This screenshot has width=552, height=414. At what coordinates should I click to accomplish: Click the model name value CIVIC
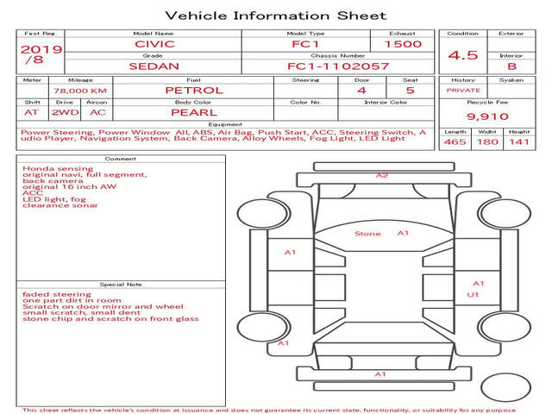pyautogui.click(x=154, y=44)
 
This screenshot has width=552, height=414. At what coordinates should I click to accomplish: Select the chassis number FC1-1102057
pyautogui.click(x=338, y=66)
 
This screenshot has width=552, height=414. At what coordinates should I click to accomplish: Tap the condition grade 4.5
pyautogui.click(x=463, y=55)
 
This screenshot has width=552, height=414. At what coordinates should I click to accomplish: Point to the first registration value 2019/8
pyautogui.click(x=41, y=54)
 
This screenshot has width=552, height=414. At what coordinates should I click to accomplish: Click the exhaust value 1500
pyautogui.click(x=403, y=44)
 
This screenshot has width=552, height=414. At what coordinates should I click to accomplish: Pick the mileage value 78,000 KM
pyautogui.click(x=80, y=91)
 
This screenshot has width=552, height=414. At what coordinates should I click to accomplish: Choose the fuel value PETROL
pyautogui.click(x=194, y=91)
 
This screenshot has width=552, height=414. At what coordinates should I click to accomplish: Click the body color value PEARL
pyautogui.click(x=194, y=113)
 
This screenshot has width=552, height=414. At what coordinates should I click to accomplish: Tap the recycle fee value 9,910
pyautogui.click(x=487, y=116)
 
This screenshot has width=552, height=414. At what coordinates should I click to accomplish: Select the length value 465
pyautogui.click(x=455, y=141)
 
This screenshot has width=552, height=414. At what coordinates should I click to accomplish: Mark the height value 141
pyautogui.click(x=519, y=141)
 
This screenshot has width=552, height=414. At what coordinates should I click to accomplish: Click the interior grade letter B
pyautogui.click(x=511, y=66)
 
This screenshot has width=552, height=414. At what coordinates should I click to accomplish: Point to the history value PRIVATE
pyautogui.click(x=463, y=91)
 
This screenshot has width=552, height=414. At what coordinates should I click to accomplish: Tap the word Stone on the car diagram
pyautogui.click(x=367, y=234)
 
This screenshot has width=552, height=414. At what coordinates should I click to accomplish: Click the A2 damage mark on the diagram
pyautogui.click(x=382, y=175)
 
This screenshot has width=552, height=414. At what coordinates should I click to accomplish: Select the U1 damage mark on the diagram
pyautogui.click(x=473, y=295)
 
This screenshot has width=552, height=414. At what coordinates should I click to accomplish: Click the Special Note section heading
pyautogui.click(x=121, y=285)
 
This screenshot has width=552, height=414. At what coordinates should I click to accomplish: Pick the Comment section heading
pyautogui.click(x=121, y=159)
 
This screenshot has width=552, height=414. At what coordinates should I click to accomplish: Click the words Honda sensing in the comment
pyautogui.click(x=58, y=169)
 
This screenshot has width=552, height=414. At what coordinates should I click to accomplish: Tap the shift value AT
pyautogui.click(x=31, y=113)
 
